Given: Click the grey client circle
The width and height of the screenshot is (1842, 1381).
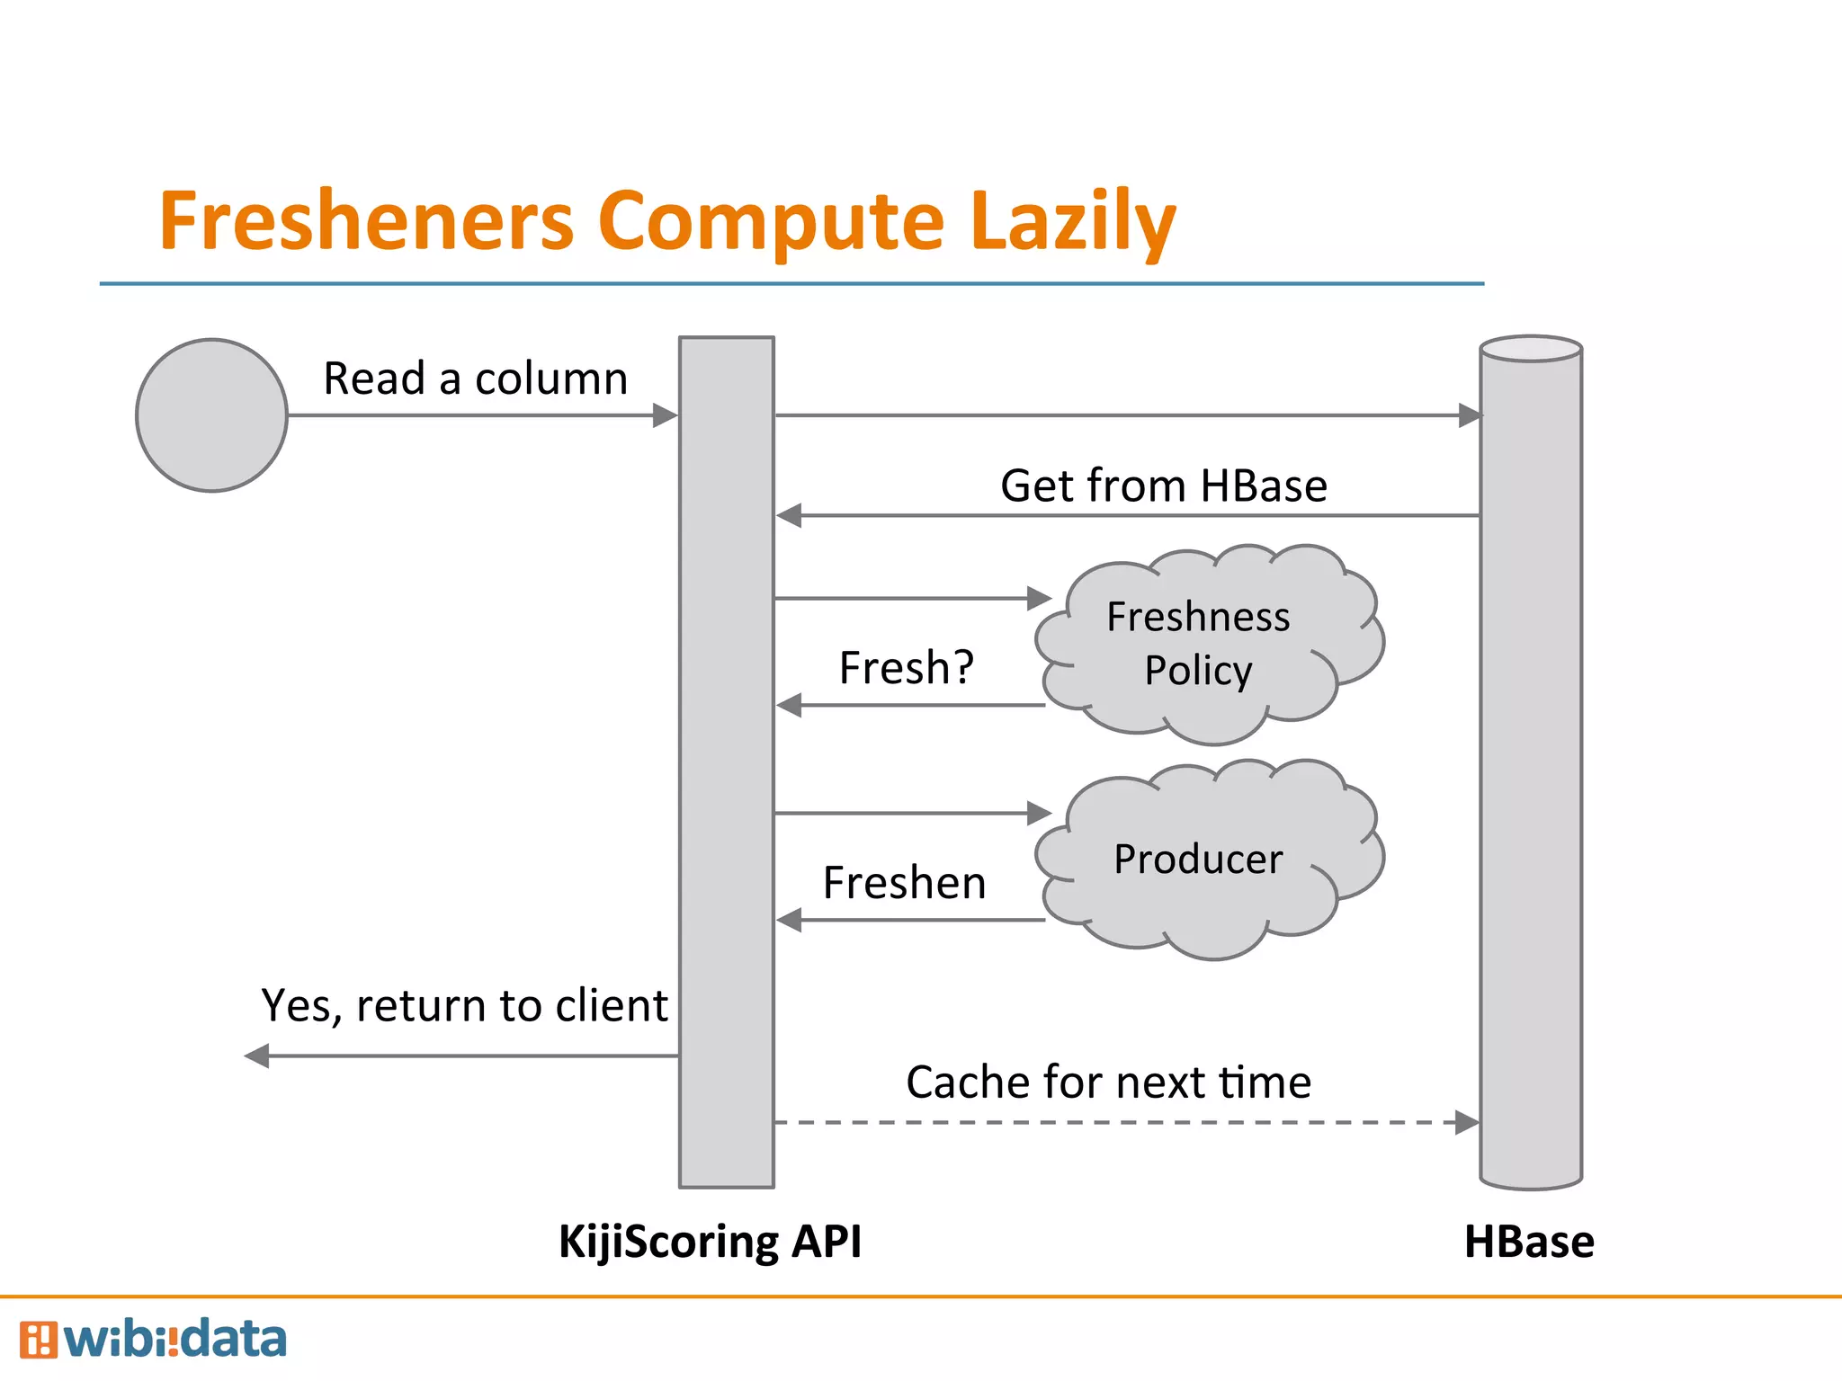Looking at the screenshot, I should point(211,415).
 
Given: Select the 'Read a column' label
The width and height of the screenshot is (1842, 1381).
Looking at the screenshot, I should point(475,379).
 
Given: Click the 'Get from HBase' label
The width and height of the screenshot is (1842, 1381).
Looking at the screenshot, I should point(1163,486).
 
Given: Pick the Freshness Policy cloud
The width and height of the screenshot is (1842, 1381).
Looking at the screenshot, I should point(1205,644).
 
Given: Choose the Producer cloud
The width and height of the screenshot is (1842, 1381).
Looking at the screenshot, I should point(1205,859).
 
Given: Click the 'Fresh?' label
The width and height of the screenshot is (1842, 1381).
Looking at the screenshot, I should point(906,668).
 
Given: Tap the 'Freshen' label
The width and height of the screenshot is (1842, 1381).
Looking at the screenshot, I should point(904,883).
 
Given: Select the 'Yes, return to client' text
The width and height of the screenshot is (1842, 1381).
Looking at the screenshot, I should point(464,1005).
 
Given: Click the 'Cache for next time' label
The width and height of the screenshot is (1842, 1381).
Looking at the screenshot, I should point(1108,1082).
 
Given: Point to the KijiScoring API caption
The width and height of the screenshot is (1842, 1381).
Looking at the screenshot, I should point(710,1242).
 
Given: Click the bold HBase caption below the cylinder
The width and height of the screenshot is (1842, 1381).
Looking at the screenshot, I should point(1529,1242).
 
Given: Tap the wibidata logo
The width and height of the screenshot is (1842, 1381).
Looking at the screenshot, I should point(153,1340).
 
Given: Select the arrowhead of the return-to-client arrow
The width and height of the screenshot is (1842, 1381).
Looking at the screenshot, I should point(257,1056).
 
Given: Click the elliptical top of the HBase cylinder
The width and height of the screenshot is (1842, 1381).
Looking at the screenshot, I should point(1531,349).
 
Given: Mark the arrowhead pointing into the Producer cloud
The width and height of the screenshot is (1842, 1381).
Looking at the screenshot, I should point(1040,813).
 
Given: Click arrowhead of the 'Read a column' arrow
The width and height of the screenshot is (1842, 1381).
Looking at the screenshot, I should point(665,415).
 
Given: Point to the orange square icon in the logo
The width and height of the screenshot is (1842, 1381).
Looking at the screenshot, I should point(38,1340).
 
